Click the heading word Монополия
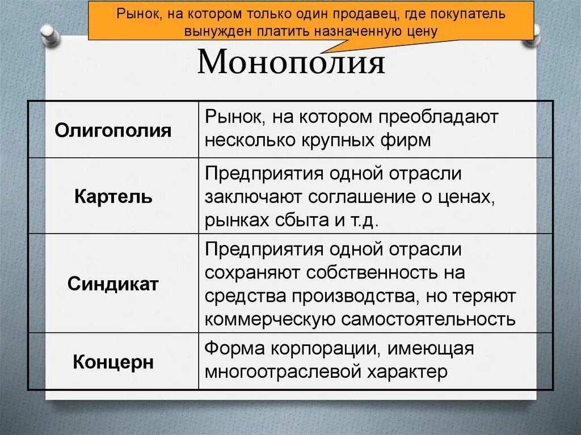pos(291,62)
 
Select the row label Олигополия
pos(113,130)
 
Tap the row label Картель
pos(113,197)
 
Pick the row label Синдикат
pos(113,284)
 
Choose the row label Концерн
pos(113,362)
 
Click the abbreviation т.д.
pos(363,220)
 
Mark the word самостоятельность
pos(428,319)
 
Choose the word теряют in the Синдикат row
pos(488,295)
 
